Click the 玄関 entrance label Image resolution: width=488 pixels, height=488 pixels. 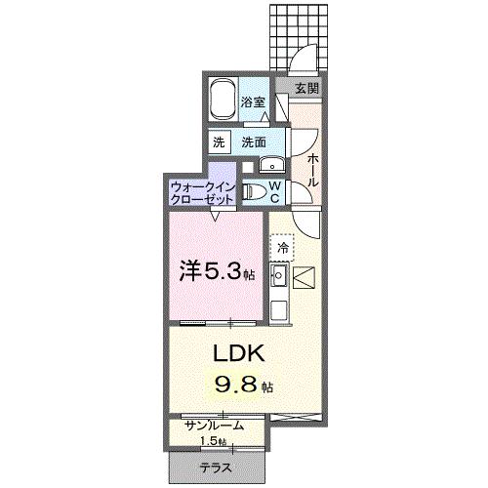pos(305,88)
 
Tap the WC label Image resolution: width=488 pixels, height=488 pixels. pos(275,189)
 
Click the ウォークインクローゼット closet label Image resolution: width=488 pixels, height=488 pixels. pos(202,190)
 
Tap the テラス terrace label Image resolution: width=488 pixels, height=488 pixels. pos(216,468)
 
